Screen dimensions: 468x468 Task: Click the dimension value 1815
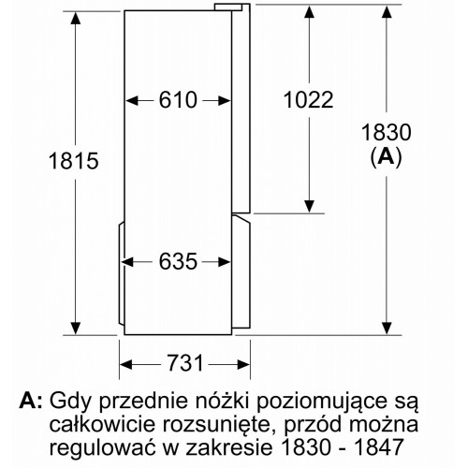(x=74, y=161)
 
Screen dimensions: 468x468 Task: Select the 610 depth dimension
(x=178, y=100)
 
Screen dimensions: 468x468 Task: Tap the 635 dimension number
(x=178, y=261)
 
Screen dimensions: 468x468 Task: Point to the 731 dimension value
(x=185, y=363)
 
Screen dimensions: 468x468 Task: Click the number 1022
(x=308, y=100)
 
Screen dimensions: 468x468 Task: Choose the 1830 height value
(x=387, y=132)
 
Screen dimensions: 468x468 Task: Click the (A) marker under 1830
(x=387, y=157)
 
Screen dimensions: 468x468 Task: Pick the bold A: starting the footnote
(x=30, y=401)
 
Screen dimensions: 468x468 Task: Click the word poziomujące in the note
(x=327, y=402)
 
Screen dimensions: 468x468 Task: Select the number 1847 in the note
(x=379, y=447)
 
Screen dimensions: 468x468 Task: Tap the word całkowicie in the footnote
(x=102, y=424)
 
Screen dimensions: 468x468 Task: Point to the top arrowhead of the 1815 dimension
(x=75, y=18)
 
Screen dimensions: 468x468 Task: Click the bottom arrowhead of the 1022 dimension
(x=309, y=207)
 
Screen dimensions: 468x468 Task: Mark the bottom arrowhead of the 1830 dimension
(x=387, y=329)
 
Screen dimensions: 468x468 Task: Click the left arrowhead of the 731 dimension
(x=126, y=364)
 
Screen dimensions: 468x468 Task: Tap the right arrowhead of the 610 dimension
(x=225, y=101)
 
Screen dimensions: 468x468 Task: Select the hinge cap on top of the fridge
(x=227, y=7)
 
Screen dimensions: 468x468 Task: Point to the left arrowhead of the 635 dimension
(x=127, y=262)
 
